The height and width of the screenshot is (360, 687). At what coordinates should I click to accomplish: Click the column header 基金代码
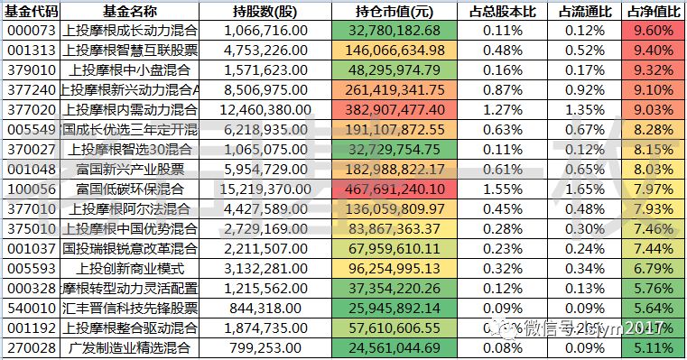pos(30,12)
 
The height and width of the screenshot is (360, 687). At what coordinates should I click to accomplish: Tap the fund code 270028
pos(30,346)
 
